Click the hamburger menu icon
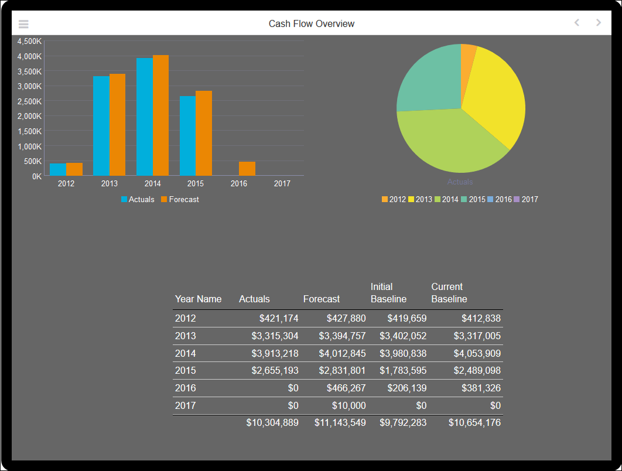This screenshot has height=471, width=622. coord(23,24)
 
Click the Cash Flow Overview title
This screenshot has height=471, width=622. coord(311,23)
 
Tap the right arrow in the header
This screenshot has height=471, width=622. coord(598,23)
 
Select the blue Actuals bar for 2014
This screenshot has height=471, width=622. coord(145,117)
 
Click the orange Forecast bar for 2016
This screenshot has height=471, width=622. coord(247,169)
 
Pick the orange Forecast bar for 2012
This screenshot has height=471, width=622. coord(74,169)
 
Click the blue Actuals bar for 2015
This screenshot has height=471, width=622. coord(187,135)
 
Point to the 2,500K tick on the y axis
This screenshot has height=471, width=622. coord(29,101)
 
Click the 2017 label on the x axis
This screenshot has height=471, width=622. coord(282,183)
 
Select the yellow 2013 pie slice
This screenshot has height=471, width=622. coord(498,94)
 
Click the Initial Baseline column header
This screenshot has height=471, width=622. coord(388,293)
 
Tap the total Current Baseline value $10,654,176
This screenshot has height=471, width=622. coord(474,422)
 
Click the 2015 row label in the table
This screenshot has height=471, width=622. coord(186,371)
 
